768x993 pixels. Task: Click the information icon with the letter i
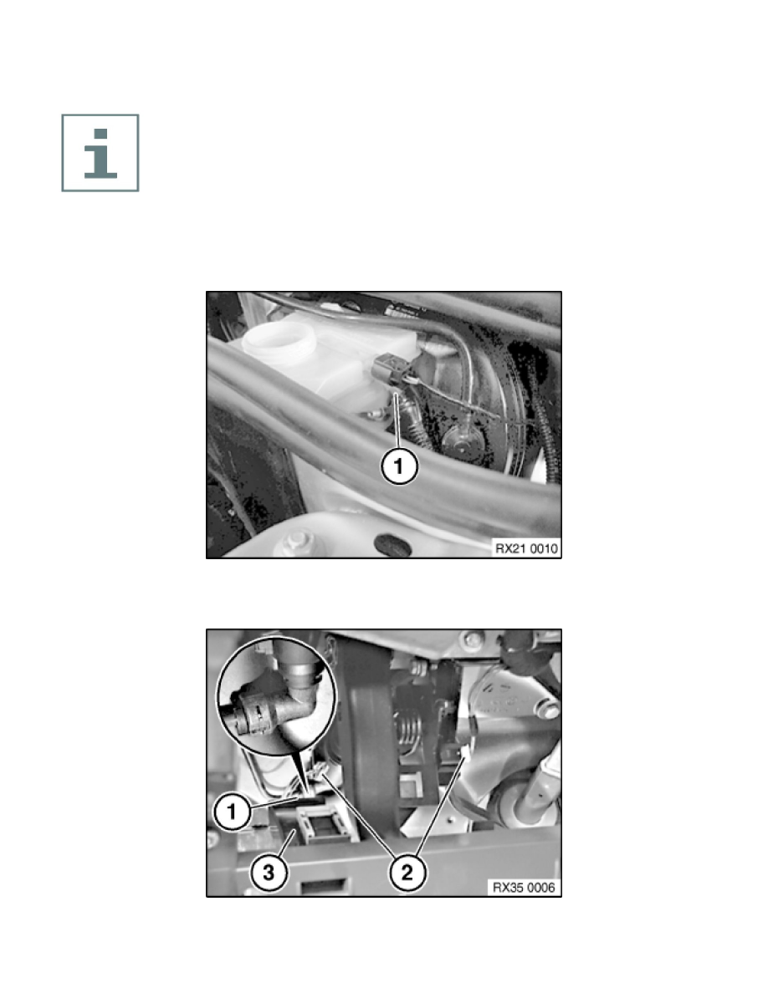click(x=100, y=153)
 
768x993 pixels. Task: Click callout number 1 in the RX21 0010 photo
click(x=398, y=466)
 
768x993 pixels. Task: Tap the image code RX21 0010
click(x=526, y=548)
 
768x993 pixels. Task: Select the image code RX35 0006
click(x=524, y=887)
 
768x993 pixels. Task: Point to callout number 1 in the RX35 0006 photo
click(x=231, y=812)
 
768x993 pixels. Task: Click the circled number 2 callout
click(x=407, y=873)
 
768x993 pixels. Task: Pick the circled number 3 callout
click(x=269, y=873)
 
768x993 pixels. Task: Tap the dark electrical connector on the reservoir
click(x=392, y=369)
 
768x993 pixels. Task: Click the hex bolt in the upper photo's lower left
click(x=296, y=542)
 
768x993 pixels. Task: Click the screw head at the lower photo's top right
click(x=473, y=639)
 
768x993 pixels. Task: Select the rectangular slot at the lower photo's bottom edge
click(x=322, y=885)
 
